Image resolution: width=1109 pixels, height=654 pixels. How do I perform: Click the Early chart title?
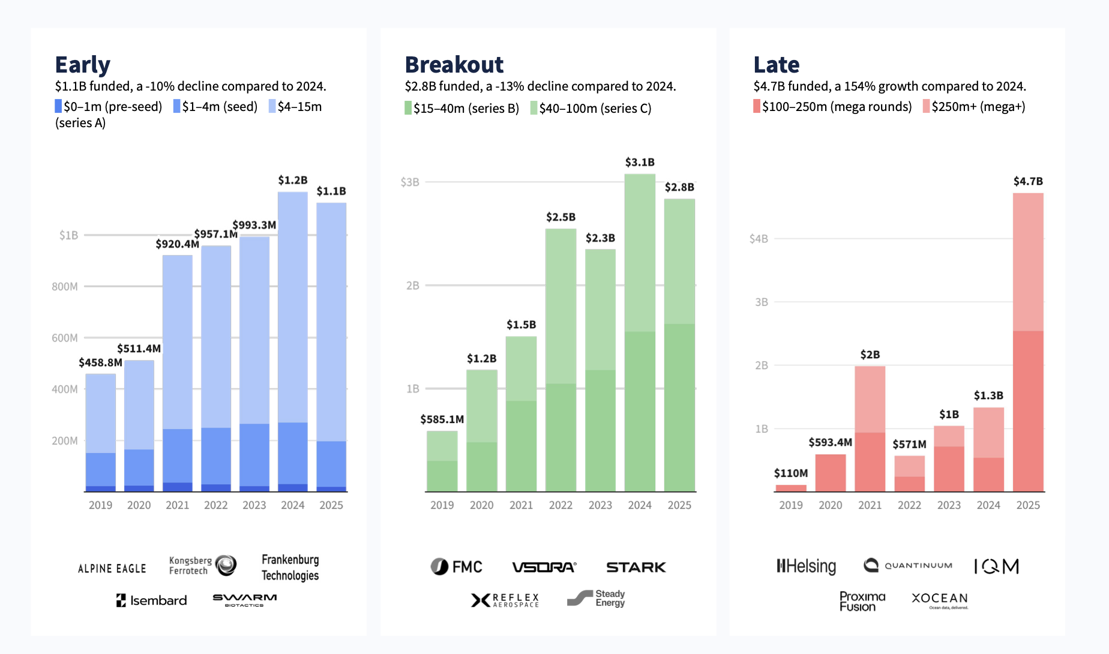point(83,65)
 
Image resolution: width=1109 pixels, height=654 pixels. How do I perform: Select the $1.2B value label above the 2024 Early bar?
point(292,180)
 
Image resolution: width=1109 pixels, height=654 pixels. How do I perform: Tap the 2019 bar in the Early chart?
point(101,432)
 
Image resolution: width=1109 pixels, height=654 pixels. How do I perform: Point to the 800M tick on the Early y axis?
point(65,287)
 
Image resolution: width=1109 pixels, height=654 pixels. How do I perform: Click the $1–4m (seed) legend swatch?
point(177,107)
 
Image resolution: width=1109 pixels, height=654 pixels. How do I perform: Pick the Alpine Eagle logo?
point(112,568)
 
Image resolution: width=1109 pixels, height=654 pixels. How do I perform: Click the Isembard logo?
point(152,601)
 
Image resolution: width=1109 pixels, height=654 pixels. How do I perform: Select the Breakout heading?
point(454,65)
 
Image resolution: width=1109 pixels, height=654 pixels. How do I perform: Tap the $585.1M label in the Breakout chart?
point(442,419)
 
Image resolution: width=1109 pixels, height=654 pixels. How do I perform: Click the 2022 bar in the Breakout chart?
point(561,360)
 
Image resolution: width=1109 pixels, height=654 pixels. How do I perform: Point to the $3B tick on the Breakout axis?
point(410,182)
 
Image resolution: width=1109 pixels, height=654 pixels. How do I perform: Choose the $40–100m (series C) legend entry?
point(591,109)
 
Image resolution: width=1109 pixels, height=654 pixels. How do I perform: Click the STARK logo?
point(636,567)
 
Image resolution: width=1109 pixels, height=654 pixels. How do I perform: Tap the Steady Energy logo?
point(597,598)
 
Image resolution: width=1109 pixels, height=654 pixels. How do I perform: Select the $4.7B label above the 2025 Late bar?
point(1028,181)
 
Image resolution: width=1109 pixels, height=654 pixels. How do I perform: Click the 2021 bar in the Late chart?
point(870,429)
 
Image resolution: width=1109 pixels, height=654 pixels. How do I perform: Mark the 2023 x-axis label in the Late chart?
point(949,505)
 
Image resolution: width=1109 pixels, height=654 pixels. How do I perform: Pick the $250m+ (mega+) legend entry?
point(974,107)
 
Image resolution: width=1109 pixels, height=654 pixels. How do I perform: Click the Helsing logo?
point(806,566)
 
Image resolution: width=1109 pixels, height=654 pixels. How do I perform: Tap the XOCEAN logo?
point(940,599)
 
